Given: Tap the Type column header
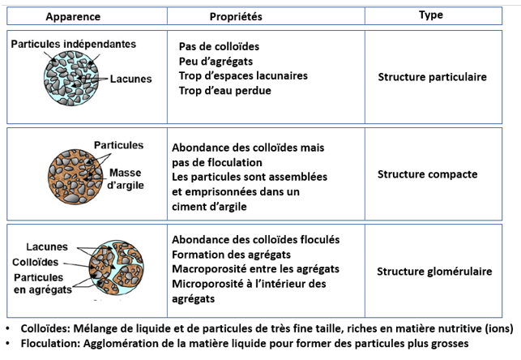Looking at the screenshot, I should tap(430, 15).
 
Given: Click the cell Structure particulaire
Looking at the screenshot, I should tap(432, 77).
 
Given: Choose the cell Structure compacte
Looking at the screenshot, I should tap(427, 174).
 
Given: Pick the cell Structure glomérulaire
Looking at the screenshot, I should tap(434, 272).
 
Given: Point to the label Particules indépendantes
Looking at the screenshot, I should tap(74, 44).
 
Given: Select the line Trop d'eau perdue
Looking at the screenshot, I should tap(224, 90).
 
